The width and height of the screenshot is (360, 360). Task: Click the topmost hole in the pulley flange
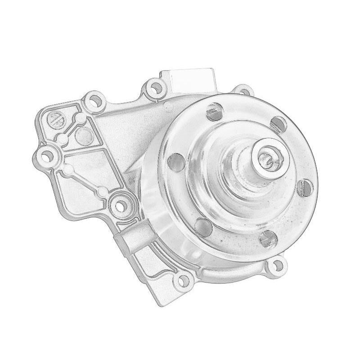215,111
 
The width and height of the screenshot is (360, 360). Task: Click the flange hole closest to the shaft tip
278,125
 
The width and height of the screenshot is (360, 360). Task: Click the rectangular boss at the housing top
189,80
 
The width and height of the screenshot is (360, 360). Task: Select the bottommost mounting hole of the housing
182,281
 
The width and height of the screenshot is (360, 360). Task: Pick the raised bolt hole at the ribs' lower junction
120,204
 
